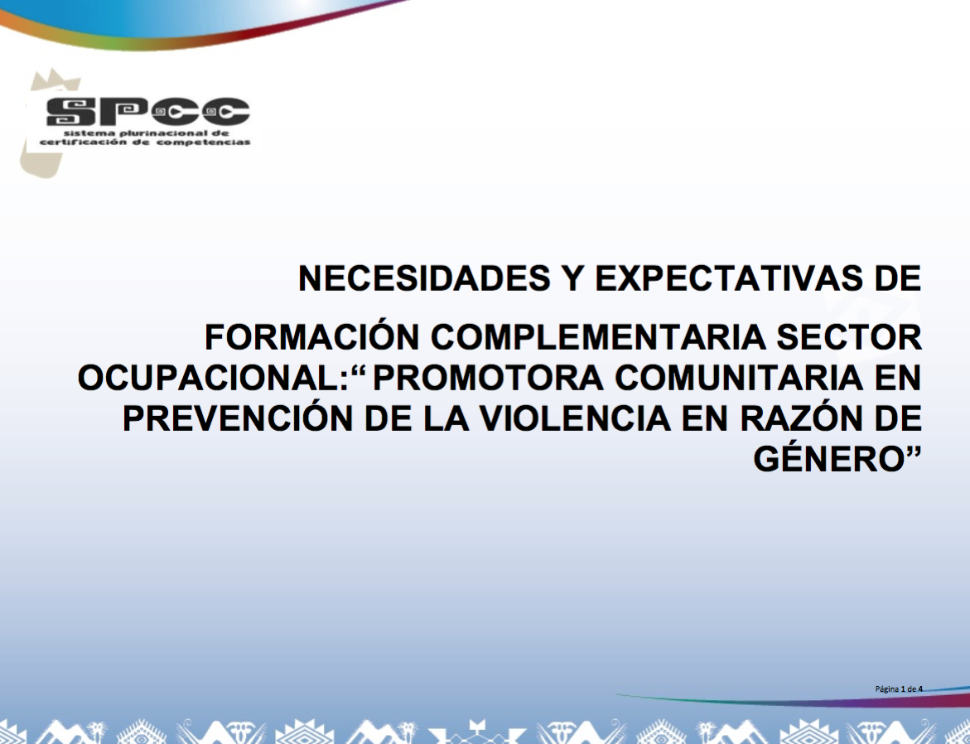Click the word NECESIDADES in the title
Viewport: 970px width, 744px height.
point(424,278)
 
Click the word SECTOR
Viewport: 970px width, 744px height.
point(849,338)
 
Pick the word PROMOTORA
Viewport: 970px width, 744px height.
point(488,378)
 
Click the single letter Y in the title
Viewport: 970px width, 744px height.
point(573,278)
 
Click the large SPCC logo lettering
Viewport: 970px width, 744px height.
point(147,111)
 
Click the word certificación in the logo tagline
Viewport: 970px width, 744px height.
point(83,142)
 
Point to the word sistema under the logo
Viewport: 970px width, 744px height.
point(89,133)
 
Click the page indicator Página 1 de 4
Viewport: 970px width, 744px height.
point(899,689)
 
